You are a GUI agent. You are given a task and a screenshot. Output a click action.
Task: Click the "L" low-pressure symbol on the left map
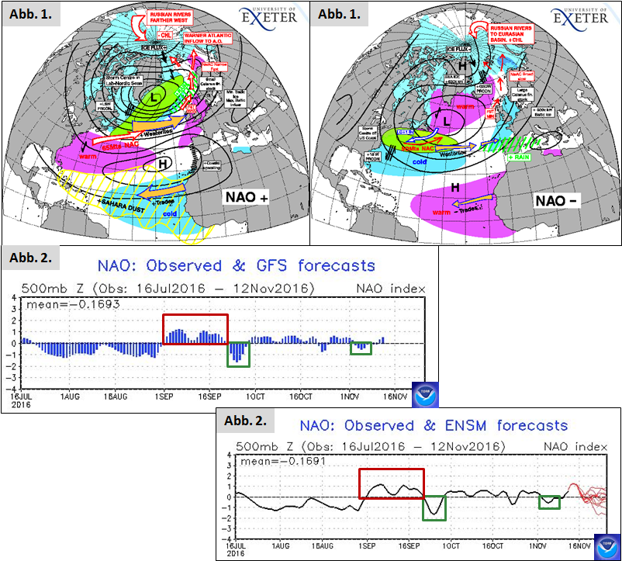[155, 99]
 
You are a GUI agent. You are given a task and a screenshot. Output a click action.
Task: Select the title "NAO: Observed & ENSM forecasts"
[434, 425]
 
